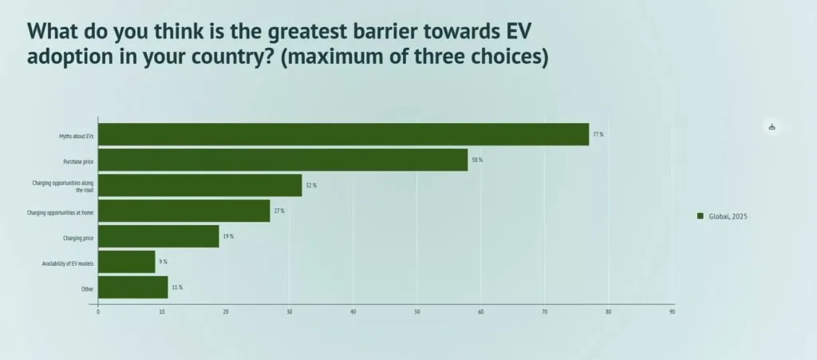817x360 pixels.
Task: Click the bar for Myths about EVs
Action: tap(343, 134)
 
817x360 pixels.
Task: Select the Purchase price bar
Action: tap(282, 160)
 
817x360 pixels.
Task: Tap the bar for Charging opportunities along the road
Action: tap(200, 185)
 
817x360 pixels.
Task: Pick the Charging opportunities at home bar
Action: tap(184, 211)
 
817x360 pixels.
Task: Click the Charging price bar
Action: tap(159, 236)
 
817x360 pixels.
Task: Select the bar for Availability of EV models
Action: tap(127, 262)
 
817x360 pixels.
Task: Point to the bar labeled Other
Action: tap(133, 287)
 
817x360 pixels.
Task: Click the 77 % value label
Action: tap(598, 134)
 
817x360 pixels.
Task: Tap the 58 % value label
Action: tap(477, 160)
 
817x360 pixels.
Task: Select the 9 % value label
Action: tap(163, 262)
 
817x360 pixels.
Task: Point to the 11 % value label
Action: tap(177, 287)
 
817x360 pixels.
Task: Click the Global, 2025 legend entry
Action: tap(722, 216)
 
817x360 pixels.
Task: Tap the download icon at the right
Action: tap(772, 127)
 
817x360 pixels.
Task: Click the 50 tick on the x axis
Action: tap(417, 311)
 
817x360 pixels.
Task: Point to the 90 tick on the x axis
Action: tap(672, 311)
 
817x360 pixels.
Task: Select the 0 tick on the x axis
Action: tap(98, 311)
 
